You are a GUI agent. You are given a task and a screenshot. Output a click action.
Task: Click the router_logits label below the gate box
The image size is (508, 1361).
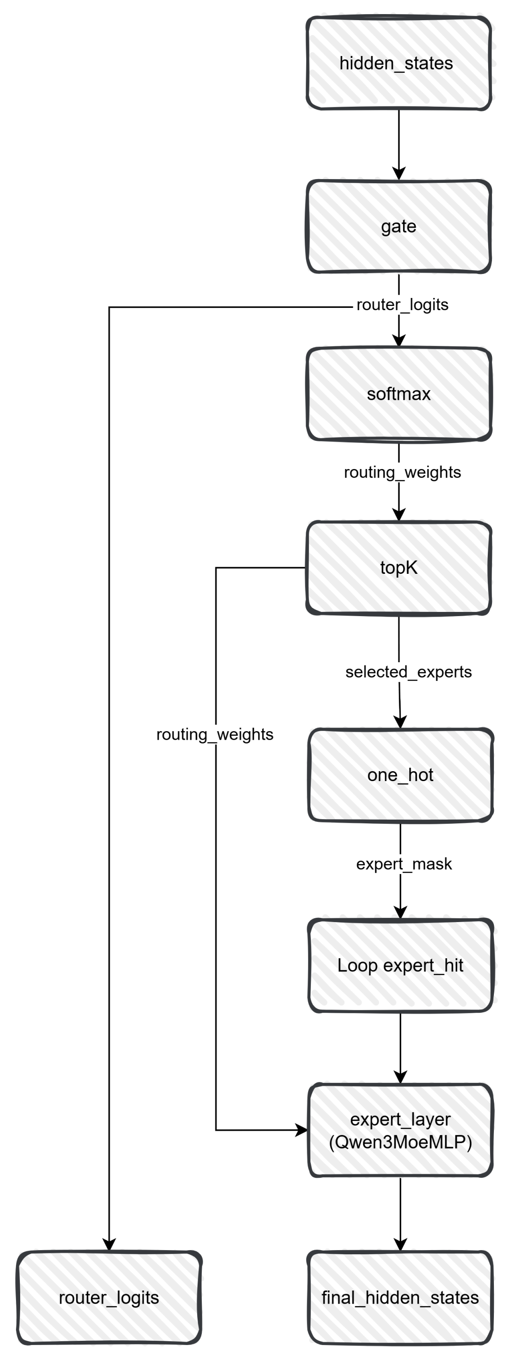coord(402,305)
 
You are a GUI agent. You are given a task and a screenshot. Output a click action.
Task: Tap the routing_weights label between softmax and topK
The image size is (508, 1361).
coord(402,472)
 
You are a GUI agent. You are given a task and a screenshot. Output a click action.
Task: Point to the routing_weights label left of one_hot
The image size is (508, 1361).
coord(214,735)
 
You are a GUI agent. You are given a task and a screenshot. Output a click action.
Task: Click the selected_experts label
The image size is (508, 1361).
coord(408,672)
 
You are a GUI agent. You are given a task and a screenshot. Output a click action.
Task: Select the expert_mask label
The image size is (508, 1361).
coord(404,864)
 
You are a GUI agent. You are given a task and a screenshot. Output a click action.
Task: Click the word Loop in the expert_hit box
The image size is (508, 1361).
coord(357,966)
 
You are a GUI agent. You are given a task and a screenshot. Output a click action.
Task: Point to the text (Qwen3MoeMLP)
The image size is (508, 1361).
coord(400,1142)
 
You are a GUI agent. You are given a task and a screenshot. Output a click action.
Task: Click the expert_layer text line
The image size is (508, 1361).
coord(400,1119)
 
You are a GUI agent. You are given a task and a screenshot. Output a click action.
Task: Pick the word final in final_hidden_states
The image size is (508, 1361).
coord(338,1298)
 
